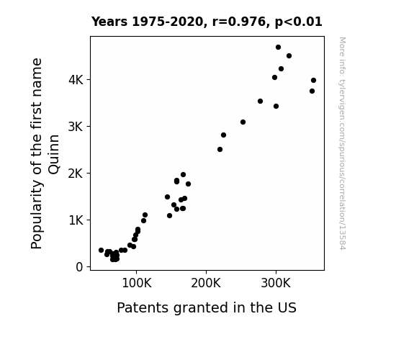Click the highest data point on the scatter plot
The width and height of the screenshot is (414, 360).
pyautogui.click(x=278, y=48)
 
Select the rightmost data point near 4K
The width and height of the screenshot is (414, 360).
pyautogui.click(x=313, y=81)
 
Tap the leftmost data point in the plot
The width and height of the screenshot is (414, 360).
pyautogui.click(x=101, y=250)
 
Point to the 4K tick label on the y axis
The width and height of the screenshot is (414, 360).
pyautogui.click(x=76, y=80)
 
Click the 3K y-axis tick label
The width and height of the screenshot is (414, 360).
pyautogui.click(x=76, y=127)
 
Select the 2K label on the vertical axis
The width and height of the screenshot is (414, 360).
pyautogui.click(x=76, y=174)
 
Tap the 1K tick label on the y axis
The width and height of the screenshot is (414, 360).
pyautogui.click(x=76, y=220)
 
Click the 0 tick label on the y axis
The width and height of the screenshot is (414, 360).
pyautogui.click(x=79, y=267)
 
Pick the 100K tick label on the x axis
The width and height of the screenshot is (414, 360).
pyautogui.click(x=137, y=284)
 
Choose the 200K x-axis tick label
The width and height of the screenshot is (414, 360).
pyautogui.click(x=206, y=284)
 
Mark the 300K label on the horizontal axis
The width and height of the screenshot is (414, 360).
pyautogui.click(x=276, y=284)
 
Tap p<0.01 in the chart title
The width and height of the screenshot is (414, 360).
pyautogui.click(x=299, y=22)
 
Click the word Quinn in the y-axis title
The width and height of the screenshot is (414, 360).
pyautogui.click(x=53, y=155)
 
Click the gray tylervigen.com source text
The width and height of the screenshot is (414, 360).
pyautogui.click(x=342, y=143)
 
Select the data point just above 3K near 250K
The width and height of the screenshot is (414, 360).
pyautogui.click(x=243, y=122)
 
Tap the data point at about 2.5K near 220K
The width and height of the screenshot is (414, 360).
pyautogui.click(x=220, y=150)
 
